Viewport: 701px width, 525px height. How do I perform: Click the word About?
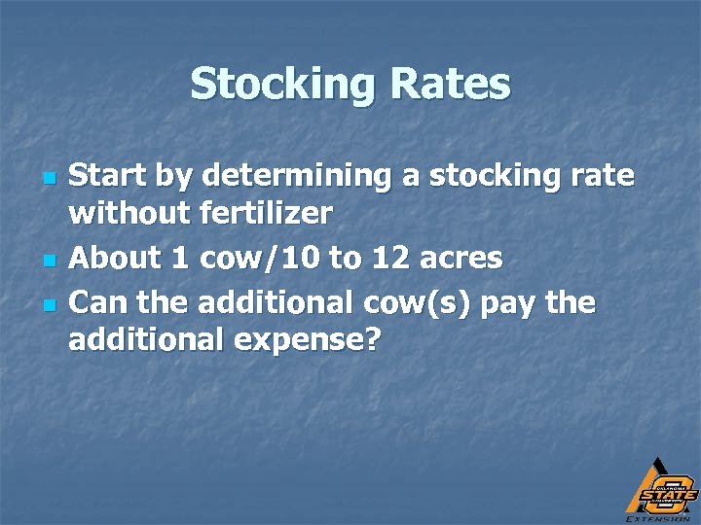click(x=114, y=258)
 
